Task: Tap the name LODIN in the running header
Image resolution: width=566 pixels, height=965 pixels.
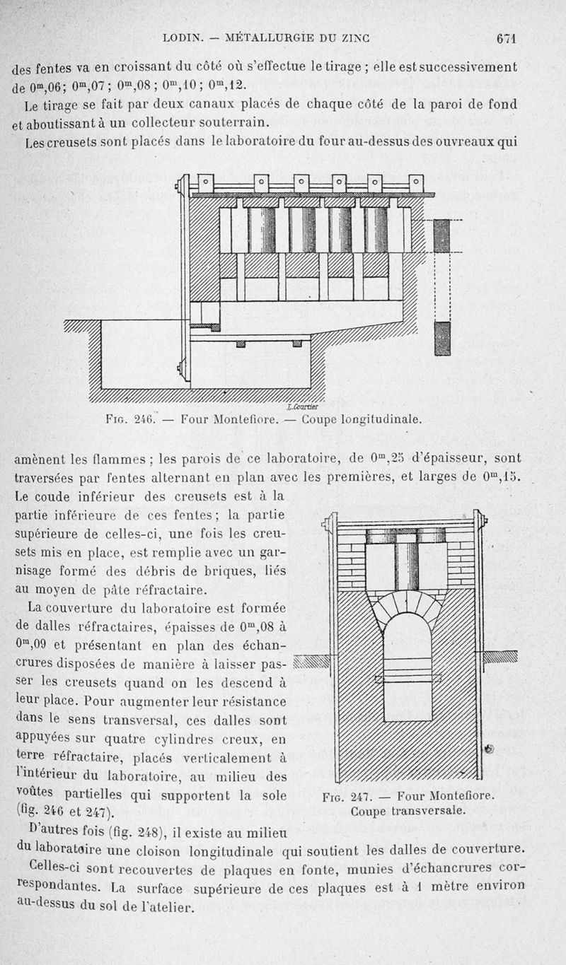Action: (183, 38)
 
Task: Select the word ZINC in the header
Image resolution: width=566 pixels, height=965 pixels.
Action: (358, 38)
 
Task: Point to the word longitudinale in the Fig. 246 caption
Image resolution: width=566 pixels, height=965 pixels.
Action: (383, 419)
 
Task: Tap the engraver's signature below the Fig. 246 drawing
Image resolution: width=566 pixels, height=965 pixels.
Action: (304, 407)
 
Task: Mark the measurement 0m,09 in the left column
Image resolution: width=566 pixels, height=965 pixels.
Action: (33, 644)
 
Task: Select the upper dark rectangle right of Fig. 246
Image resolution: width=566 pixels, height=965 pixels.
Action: (442, 235)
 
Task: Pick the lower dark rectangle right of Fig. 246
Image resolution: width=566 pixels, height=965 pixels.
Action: (442, 339)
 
